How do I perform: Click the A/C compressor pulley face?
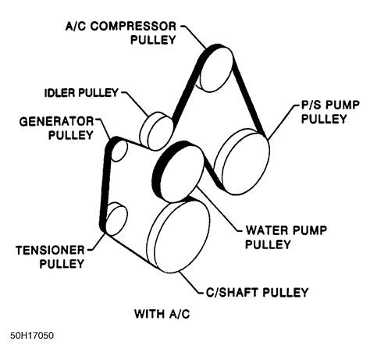[216, 69]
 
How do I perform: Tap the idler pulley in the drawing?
[157, 132]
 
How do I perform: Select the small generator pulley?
[119, 151]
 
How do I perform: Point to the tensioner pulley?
[116, 219]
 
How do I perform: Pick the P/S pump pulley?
[242, 162]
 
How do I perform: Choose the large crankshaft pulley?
[180, 237]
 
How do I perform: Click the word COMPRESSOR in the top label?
[133, 27]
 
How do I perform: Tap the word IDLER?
[59, 93]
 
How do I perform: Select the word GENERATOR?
[56, 122]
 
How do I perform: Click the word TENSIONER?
[50, 251]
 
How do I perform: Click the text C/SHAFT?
[232, 292]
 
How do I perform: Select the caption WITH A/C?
[162, 314]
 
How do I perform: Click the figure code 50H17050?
[32, 336]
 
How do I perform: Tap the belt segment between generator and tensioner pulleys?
[105, 185]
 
